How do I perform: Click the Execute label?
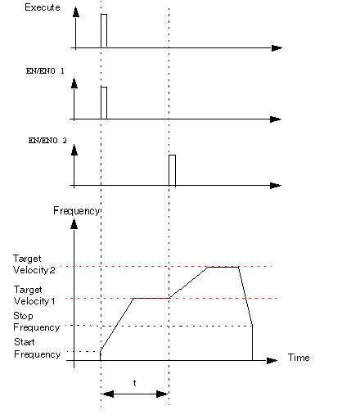43,7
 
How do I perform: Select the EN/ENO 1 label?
45,71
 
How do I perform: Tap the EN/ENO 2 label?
47,141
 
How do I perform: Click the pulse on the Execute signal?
104,30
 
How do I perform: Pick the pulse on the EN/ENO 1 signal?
104,103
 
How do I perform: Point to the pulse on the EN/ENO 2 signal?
172,170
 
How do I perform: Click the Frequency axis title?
77,211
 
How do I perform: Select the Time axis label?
299,358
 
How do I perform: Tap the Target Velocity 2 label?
34,264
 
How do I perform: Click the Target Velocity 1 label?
34,295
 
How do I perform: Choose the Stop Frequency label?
36,322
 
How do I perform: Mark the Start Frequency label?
37,348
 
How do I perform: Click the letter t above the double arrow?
134,383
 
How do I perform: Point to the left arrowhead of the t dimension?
108,394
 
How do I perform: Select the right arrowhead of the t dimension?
162,394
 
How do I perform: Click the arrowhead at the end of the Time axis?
272,361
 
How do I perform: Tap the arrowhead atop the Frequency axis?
74,224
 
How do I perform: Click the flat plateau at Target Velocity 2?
223,267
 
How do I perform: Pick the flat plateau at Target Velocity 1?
151,298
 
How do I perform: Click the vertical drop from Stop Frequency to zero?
252,343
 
